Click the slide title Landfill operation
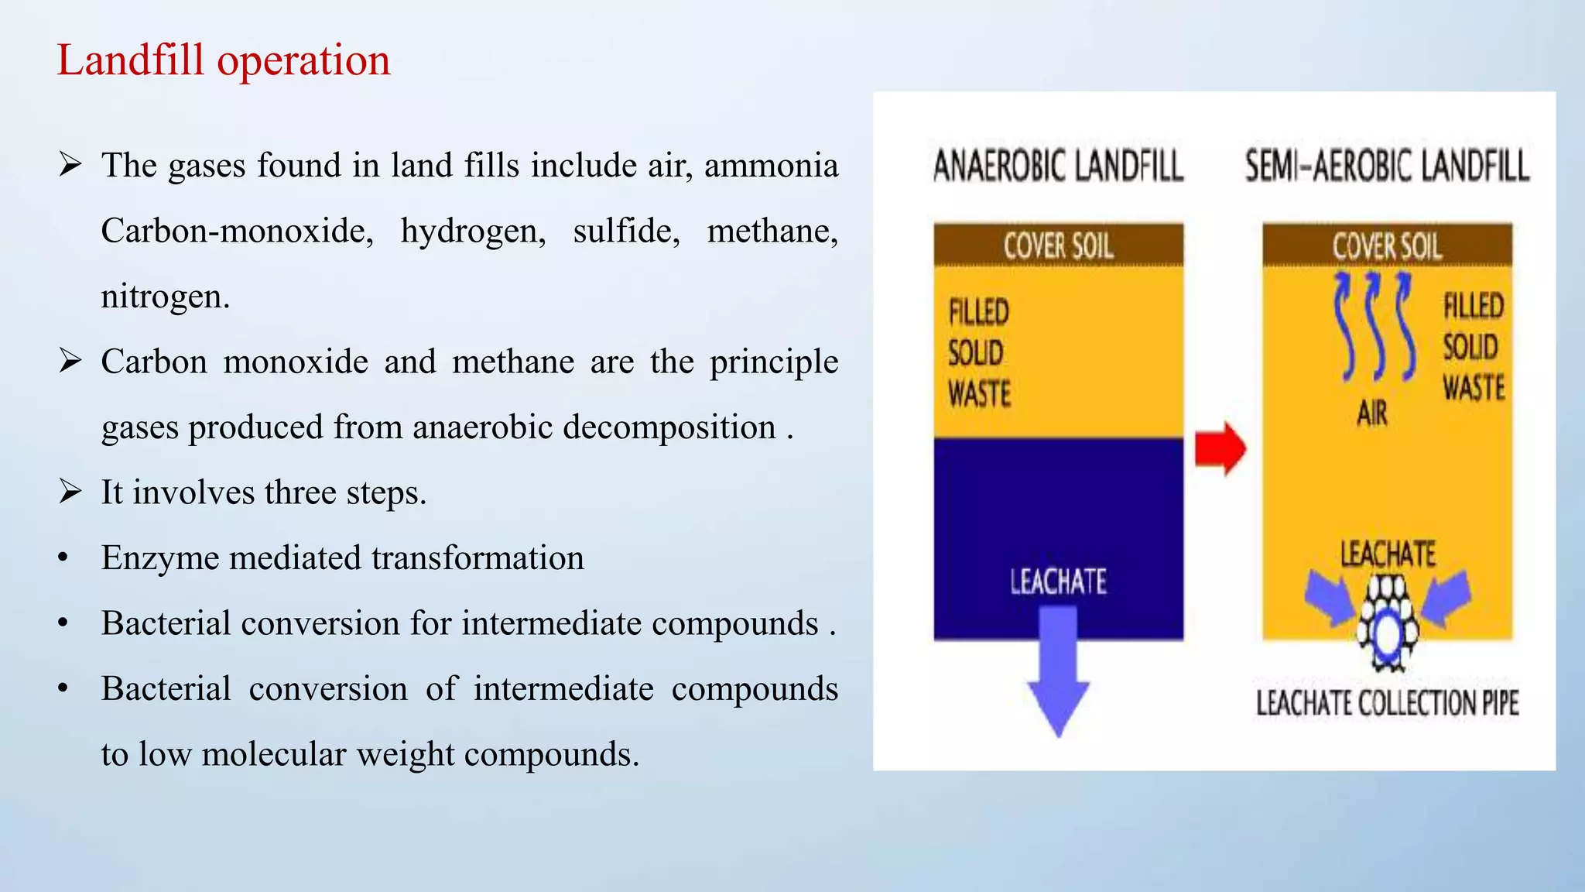tap(224, 60)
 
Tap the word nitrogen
tap(165, 297)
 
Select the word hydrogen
tap(473, 232)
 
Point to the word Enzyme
tap(159, 558)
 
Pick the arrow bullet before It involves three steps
tap(70, 492)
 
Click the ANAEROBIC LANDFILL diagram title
tap(1058, 166)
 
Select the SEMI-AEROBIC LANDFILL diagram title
tap(1387, 166)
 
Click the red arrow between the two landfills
tap(1220, 448)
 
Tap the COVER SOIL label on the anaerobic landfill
tap(1058, 246)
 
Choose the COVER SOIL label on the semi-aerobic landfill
tap(1387, 246)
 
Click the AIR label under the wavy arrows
tap(1372, 414)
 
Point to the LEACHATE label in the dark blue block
tap(1058, 582)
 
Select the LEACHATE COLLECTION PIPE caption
tap(1387, 703)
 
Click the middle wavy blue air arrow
tap(1375, 325)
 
